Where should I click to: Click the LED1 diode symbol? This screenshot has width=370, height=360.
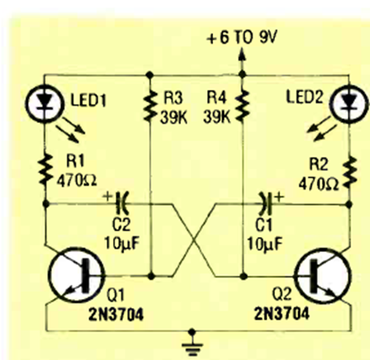coord(45,104)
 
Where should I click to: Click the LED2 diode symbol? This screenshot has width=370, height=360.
coord(349,104)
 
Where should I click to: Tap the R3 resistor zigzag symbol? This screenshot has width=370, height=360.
coord(149,106)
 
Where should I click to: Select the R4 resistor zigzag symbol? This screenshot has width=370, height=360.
coord(242,106)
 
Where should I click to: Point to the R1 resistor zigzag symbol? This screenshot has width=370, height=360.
coord(45,169)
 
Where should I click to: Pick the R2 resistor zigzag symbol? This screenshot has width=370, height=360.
coord(349,172)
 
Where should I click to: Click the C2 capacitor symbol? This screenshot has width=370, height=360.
coord(122,204)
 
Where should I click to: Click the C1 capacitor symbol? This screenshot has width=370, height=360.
coord(265,204)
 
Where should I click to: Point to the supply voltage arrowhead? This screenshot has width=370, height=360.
coord(242,54)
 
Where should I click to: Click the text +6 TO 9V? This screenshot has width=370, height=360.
coord(242,37)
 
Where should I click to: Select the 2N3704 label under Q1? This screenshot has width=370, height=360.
coord(116,315)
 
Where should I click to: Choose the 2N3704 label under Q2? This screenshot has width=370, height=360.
coord(282,314)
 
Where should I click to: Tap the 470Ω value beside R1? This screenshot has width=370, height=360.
coord(77,181)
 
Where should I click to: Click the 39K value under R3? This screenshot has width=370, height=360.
coord(173,117)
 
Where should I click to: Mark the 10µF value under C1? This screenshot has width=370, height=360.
coord(265,244)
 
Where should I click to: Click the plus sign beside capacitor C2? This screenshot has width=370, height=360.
coord(107,197)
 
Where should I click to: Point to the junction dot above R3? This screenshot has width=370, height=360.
coord(149,74)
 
